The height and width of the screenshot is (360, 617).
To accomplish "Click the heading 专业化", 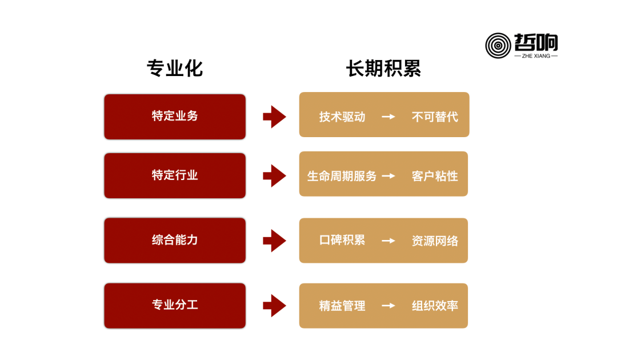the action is (175, 69).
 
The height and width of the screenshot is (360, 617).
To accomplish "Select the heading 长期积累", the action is (384, 69).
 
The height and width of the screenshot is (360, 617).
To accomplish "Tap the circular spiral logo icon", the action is (498, 46).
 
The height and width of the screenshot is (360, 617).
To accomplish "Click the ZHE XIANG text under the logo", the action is (536, 56).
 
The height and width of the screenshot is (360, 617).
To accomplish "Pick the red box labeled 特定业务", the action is (175, 117).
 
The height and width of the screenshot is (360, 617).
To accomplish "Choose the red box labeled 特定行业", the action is (175, 175).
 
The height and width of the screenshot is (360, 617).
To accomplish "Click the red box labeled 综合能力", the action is (175, 241).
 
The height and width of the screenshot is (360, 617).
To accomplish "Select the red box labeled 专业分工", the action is (175, 305).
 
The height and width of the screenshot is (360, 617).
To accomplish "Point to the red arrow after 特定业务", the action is (274, 117).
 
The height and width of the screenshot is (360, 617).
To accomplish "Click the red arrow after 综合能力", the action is (274, 241).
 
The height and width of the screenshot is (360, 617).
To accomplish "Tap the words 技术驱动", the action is (342, 117).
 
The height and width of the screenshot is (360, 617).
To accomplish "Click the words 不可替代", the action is (435, 117).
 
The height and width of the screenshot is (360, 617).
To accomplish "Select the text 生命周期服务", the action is (342, 176).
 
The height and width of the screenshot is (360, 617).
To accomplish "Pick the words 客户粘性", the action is (435, 176).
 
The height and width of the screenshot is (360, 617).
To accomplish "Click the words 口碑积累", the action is (342, 240).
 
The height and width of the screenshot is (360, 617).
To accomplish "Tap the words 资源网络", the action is (435, 241).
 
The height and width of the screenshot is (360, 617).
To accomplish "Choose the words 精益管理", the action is (342, 306).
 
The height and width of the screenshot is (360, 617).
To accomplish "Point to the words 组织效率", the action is (435, 306).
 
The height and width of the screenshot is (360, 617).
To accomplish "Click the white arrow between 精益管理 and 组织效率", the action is (388, 306).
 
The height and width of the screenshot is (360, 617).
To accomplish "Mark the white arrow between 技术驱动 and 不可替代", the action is (388, 117).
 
